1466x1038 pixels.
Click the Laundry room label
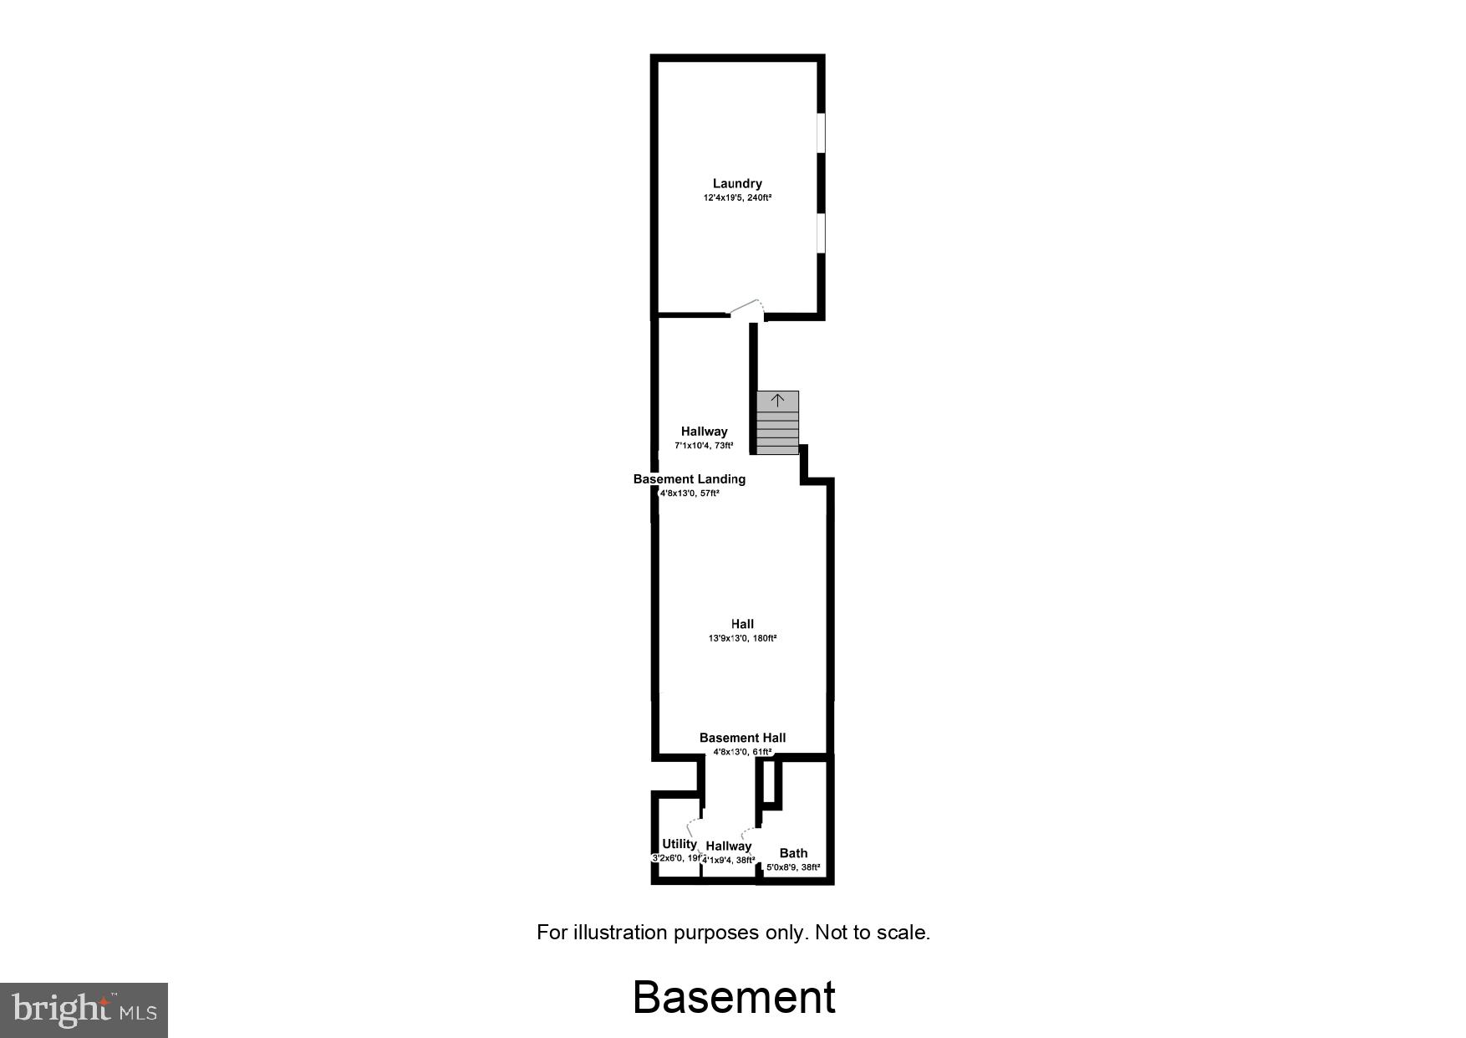[737, 184]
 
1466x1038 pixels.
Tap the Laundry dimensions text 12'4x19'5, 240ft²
[737, 198]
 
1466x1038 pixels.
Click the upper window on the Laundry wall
[821, 133]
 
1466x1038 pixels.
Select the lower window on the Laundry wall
[821, 233]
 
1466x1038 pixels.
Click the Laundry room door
[746, 309]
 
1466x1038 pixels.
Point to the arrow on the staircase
[777, 400]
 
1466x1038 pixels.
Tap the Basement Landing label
[689, 479]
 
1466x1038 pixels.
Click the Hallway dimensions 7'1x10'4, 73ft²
[704, 446]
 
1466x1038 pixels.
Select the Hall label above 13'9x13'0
[742, 624]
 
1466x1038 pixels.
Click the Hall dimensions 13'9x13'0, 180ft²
[742, 638]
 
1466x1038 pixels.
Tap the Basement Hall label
[742, 738]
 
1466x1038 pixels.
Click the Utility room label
[679, 844]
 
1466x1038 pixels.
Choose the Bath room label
[793, 853]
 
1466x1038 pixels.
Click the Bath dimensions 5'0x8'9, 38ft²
[793, 867]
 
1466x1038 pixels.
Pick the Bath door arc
[748, 834]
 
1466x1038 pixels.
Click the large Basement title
[734, 997]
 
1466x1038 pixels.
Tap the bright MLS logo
[84, 1010]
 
